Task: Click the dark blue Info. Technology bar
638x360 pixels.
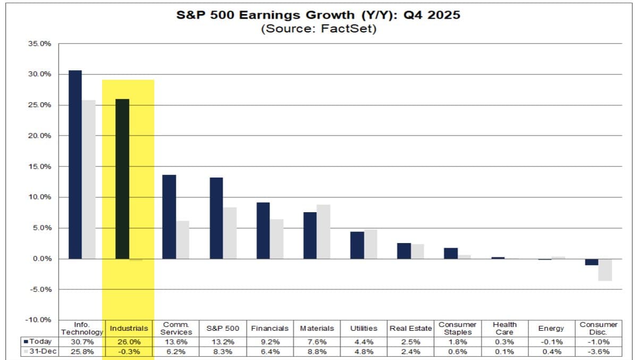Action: (x=75, y=164)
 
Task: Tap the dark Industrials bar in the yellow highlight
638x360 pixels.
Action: (x=122, y=179)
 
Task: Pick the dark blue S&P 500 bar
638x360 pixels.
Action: (x=216, y=218)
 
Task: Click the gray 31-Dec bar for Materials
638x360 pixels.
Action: (x=323, y=232)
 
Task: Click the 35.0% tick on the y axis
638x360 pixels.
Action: (x=40, y=44)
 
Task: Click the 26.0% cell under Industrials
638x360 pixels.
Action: (x=129, y=341)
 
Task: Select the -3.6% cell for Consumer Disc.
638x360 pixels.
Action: (x=598, y=351)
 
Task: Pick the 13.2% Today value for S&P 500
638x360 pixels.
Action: (x=223, y=341)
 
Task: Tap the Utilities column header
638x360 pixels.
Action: (x=364, y=328)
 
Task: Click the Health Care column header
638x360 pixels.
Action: (x=505, y=328)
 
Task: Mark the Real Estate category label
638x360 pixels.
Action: (x=410, y=328)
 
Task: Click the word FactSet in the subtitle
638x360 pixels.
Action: (x=350, y=29)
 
